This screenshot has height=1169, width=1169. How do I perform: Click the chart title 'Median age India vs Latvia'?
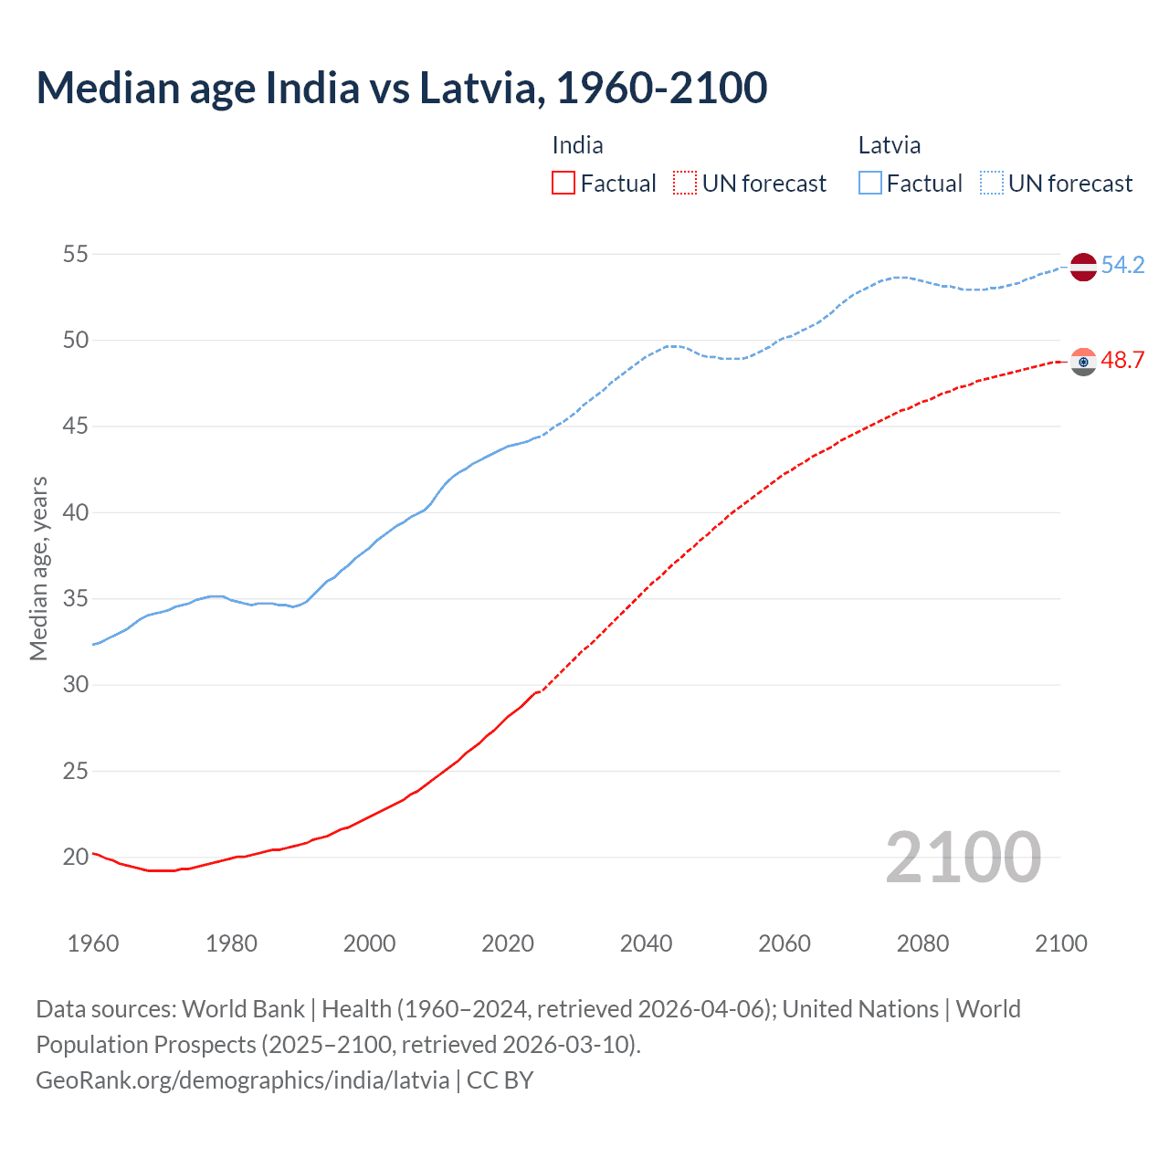pyautogui.click(x=401, y=88)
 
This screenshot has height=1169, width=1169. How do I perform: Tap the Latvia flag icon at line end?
pyautogui.click(x=1083, y=266)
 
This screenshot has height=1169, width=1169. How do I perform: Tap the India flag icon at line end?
pyautogui.click(x=1083, y=362)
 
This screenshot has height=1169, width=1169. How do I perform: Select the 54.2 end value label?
pyautogui.click(x=1122, y=265)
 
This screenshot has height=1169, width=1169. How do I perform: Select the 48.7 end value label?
pyautogui.click(x=1122, y=360)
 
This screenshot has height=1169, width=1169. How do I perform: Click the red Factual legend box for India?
pyautogui.click(x=563, y=184)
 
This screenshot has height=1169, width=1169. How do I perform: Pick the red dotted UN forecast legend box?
pyautogui.click(x=685, y=184)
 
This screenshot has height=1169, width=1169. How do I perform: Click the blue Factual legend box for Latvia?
pyautogui.click(x=869, y=184)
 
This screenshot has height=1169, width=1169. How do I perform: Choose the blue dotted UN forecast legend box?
pyautogui.click(x=991, y=184)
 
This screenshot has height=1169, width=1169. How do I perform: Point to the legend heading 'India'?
pyautogui.click(x=577, y=145)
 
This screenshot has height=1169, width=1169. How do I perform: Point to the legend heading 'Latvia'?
pyautogui.click(x=889, y=145)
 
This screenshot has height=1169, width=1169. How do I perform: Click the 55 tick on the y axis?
pyautogui.click(x=76, y=254)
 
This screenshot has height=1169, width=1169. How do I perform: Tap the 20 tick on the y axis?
pyautogui.click(x=76, y=857)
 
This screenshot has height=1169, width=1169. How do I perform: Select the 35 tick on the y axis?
pyautogui.click(x=76, y=598)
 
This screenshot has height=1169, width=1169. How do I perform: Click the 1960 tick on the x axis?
pyautogui.click(x=93, y=943)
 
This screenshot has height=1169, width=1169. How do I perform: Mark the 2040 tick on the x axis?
pyautogui.click(x=646, y=943)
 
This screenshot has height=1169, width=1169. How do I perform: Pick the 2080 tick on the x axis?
pyautogui.click(x=922, y=943)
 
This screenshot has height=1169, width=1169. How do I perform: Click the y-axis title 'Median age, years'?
pyautogui.click(x=38, y=568)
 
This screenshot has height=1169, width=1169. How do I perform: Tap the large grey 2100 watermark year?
pyautogui.click(x=963, y=857)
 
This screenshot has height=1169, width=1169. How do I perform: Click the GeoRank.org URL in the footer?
pyautogui.click(x=242, y=1080)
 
